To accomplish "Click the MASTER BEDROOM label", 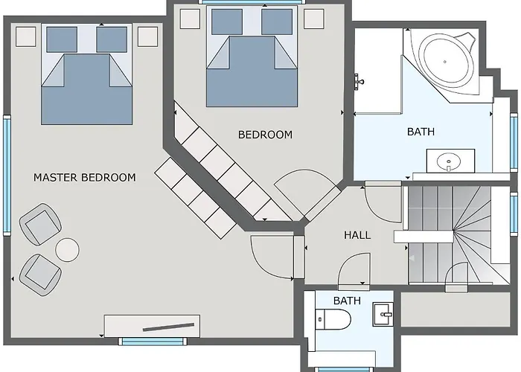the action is [x=85, y=177].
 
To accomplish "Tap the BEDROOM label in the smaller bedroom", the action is [x=265, y=135].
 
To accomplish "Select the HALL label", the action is [x=357, y=235].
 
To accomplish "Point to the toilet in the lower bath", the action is [x=333, y=319].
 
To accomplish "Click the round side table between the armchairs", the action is [x=68, y=250].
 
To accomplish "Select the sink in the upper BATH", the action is [x=450, y=161].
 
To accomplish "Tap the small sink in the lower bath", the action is [x=383, y=314].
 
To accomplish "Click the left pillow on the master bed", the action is [x=62, y=39].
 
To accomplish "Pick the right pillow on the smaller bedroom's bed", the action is [x=277, y=22].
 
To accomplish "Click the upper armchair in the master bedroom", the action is [x=40, y=225].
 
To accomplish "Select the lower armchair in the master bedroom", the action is [x=40, y=275].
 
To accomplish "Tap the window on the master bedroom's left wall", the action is [x=7, y=176].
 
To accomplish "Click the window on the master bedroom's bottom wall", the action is [x=153, y=341].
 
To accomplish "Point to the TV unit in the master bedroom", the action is [x=152, y=326].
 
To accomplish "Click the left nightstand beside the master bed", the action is [x=26, y=37].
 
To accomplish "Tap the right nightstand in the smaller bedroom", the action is [x=314, y=19].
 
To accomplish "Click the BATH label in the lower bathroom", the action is [x=347, y=301].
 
